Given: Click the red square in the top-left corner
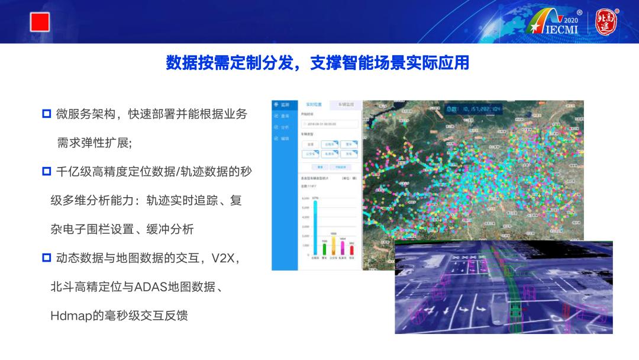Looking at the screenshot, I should pos(40,22).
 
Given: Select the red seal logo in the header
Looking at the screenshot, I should pos(606,22).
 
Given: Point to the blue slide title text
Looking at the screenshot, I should pos(318,62).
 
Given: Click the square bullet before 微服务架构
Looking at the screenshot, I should pos(47,114).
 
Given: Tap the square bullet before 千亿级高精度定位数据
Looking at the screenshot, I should pos(47,172).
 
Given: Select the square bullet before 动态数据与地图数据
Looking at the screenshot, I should pos(47,258).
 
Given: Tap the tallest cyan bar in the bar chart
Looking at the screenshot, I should pos(315,227).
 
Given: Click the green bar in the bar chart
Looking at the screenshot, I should pos(324,247).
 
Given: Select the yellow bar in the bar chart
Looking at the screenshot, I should pos(333,245).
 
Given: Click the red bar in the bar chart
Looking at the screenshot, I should pos(351,249).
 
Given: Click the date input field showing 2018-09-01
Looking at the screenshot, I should pos(330,124).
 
